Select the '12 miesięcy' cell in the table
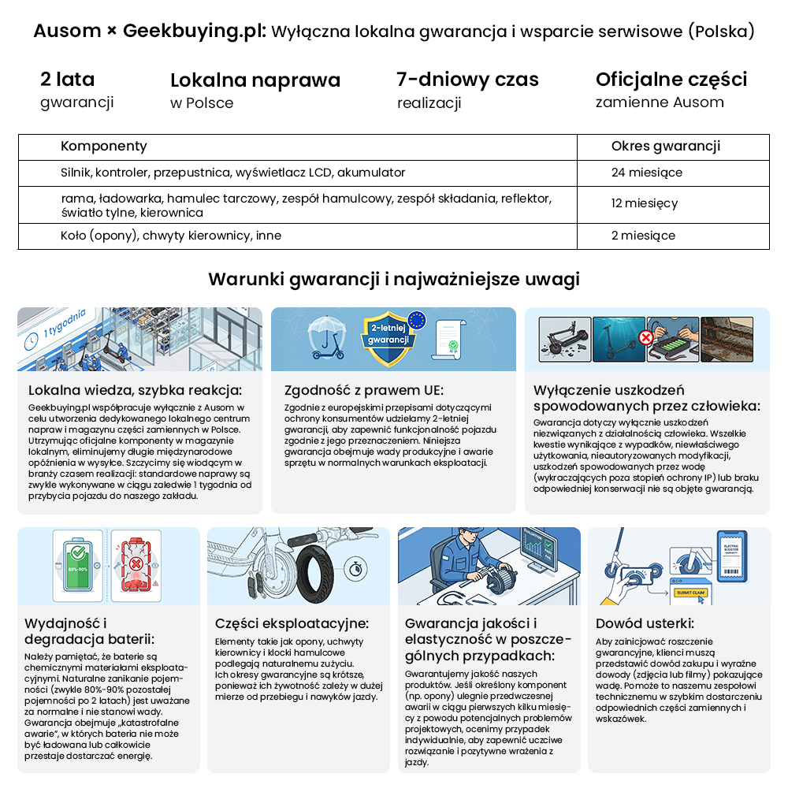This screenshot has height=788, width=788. coord(644,203)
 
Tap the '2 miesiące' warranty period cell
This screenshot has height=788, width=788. coord(643,236)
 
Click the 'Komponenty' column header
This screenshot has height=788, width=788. coord(104,146)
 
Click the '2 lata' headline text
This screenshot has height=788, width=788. coord(68,80)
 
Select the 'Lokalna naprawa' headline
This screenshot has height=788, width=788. coord(255,80)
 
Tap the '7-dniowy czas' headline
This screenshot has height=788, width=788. coord(467,80)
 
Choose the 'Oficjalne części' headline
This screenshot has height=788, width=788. coord(671,80)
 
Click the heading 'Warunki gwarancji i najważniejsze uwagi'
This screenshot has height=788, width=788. coord(394,279)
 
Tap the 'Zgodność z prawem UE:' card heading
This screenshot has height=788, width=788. coord(364,390)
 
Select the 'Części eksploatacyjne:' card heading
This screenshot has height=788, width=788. coord(292,623)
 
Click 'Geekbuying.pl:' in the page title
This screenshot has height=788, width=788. coord(195,32)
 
